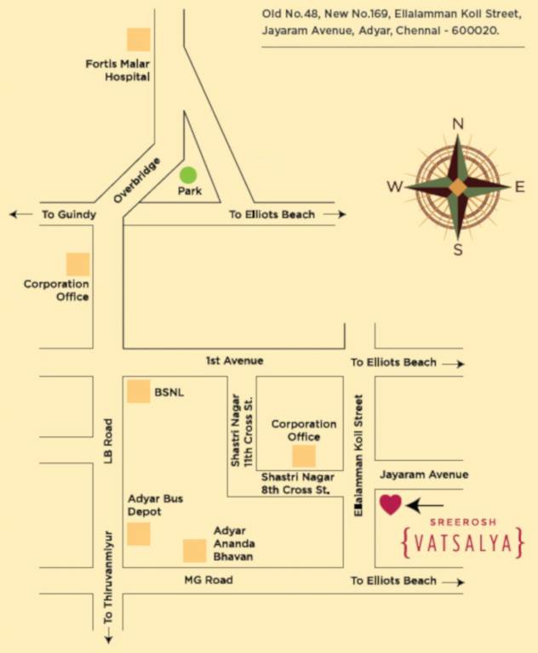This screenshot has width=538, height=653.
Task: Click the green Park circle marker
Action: pyautogui.click(x=188, y=175)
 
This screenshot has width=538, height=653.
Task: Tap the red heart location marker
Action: pyautogui.click(x=390, y=504)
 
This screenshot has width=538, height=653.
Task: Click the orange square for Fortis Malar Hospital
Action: pyautogui.click(x=139, y=39)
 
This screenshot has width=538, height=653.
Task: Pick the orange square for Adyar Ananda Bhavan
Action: pyautogui.click(x=195, y=551)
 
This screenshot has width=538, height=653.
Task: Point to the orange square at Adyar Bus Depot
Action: pyautogui.click(x=139, y=534)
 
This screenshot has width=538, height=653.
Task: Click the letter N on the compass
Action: pyautogui.click(x=458, y=124)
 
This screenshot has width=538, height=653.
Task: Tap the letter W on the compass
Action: pyautogui.click(x=394, y=187)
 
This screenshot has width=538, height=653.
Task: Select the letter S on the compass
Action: pyautogui.click(x=458, y=249)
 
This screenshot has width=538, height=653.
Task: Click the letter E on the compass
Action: pyautogui.click(x=519, y=187)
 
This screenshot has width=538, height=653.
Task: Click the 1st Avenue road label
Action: pyautogui.click(x=234, y=361)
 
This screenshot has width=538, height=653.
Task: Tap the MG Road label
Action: pyautogui.click(x=209, y=580)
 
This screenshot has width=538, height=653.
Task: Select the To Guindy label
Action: pyautogui.click(x=69, y=214)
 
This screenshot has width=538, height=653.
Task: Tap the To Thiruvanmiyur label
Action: pyautogui.click(x=108, y=594)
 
